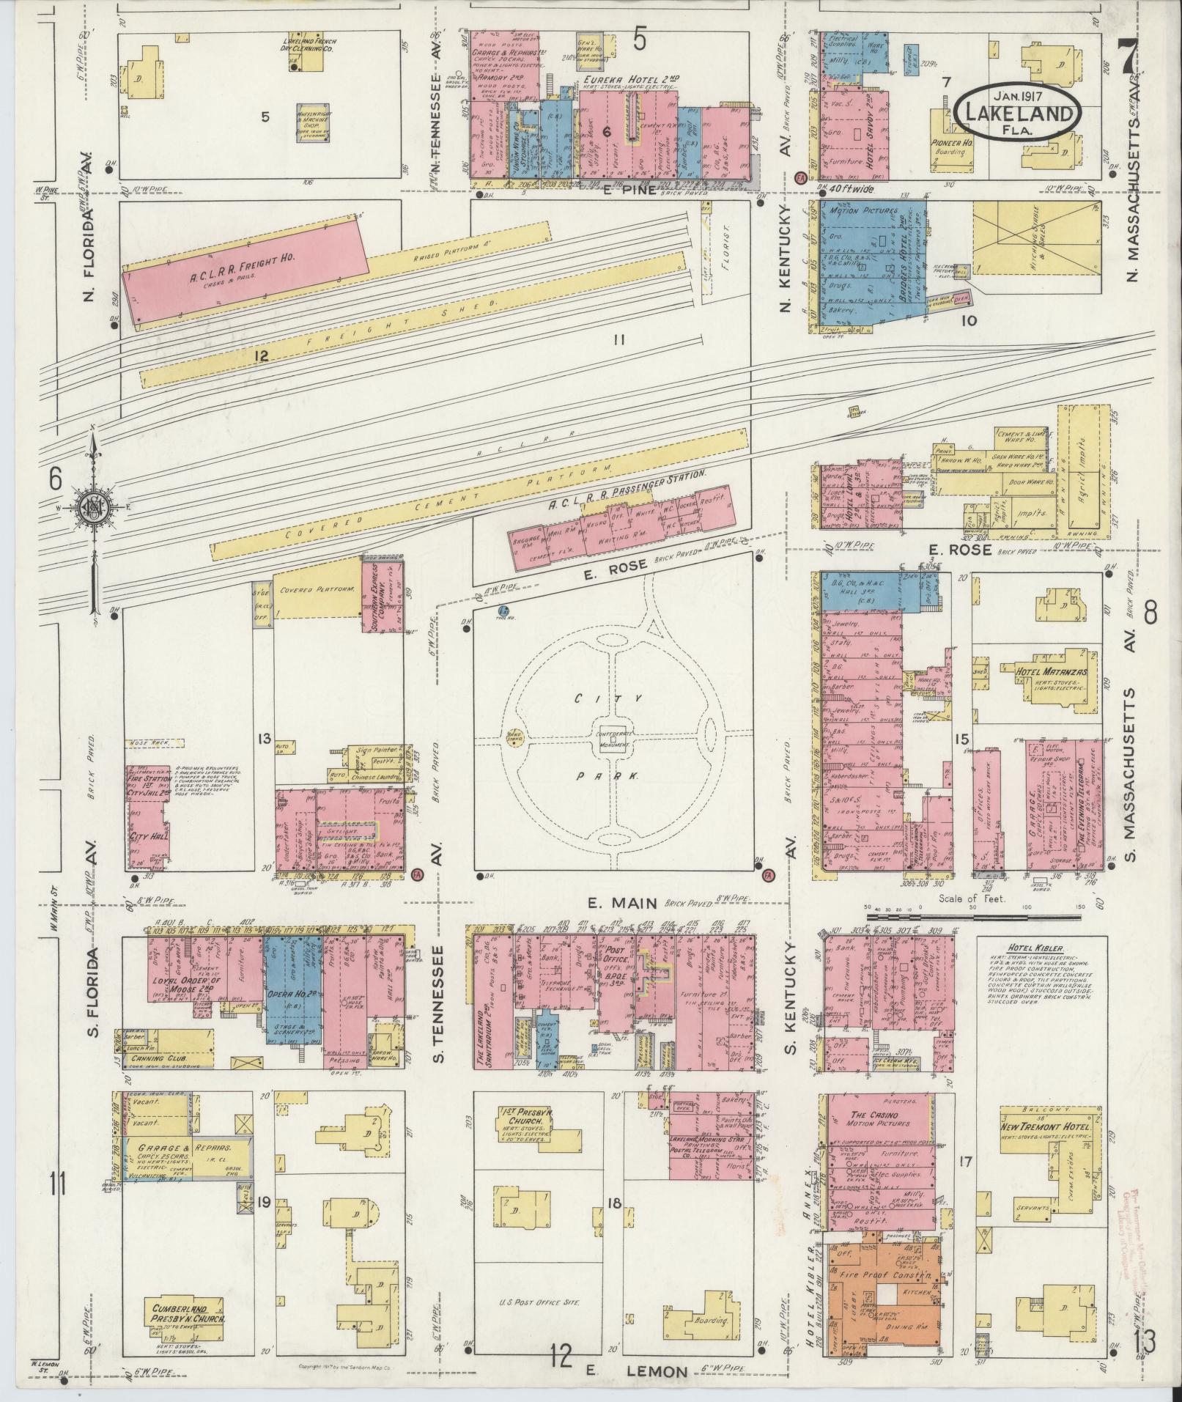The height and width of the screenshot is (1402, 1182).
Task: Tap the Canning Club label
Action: [x=158, y=1058]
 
